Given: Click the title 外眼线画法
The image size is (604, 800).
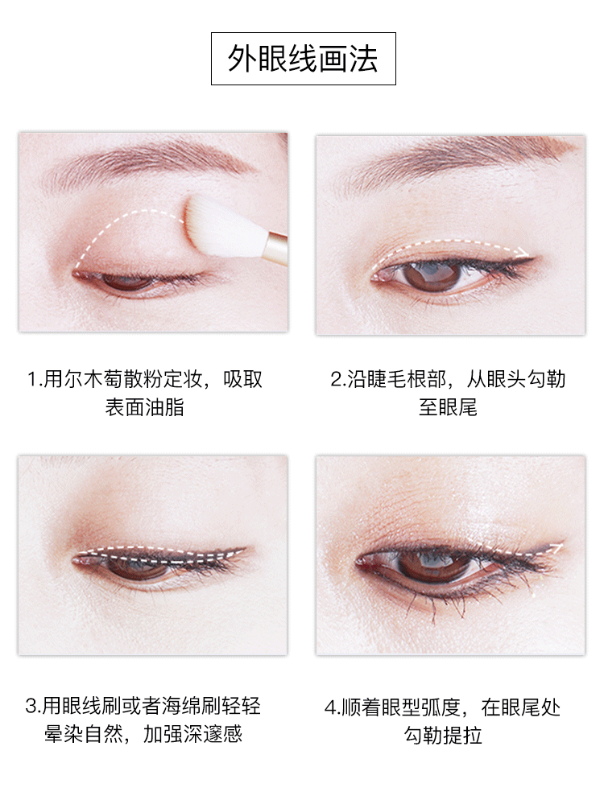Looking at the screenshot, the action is (x=303, y=59).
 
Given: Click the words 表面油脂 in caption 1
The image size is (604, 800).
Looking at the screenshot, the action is (x=144, y=408).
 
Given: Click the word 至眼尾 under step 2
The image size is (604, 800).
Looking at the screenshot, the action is (x=448, y=408).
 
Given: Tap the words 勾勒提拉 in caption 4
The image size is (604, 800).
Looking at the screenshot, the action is (x=443, y=735).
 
